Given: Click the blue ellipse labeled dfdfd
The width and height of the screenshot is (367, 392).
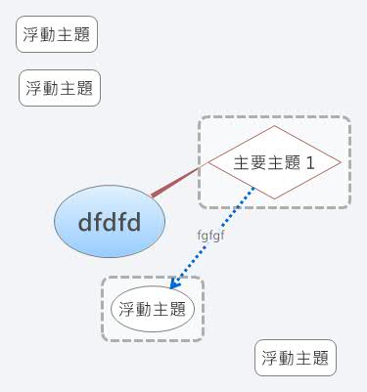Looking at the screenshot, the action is tap(98, 222).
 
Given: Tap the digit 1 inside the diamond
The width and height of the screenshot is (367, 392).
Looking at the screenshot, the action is tap(309, 162).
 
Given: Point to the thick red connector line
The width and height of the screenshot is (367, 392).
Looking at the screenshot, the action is tap(175, 183).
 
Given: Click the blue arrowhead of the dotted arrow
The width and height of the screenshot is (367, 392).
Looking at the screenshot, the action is tap(174, 284).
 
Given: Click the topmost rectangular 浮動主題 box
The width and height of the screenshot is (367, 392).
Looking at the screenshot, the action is tap(57, 36).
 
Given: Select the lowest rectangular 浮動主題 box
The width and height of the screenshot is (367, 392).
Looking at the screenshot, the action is tap(296, 358).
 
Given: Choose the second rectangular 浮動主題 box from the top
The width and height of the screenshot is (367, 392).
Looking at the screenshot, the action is tap(60, 88).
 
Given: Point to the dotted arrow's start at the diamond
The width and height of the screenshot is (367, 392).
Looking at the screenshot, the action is tap(252, 188).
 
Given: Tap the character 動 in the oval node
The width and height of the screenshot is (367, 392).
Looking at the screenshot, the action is tap(144, 310).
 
